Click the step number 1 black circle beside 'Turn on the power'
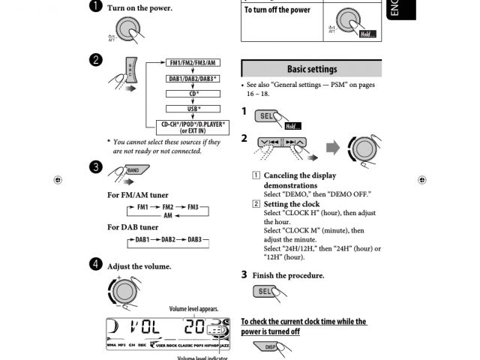pos(96,7)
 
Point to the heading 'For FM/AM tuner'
pos(138,195)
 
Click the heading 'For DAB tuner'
pos(133,226)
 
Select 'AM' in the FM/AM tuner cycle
pos(168,214)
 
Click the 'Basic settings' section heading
pos(311,69)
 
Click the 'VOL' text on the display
pos(145,327)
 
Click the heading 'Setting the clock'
pos(291,204)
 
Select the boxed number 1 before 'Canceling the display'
pos(256,176)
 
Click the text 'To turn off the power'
pos(277,10)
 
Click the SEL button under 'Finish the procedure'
pos(265,291)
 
